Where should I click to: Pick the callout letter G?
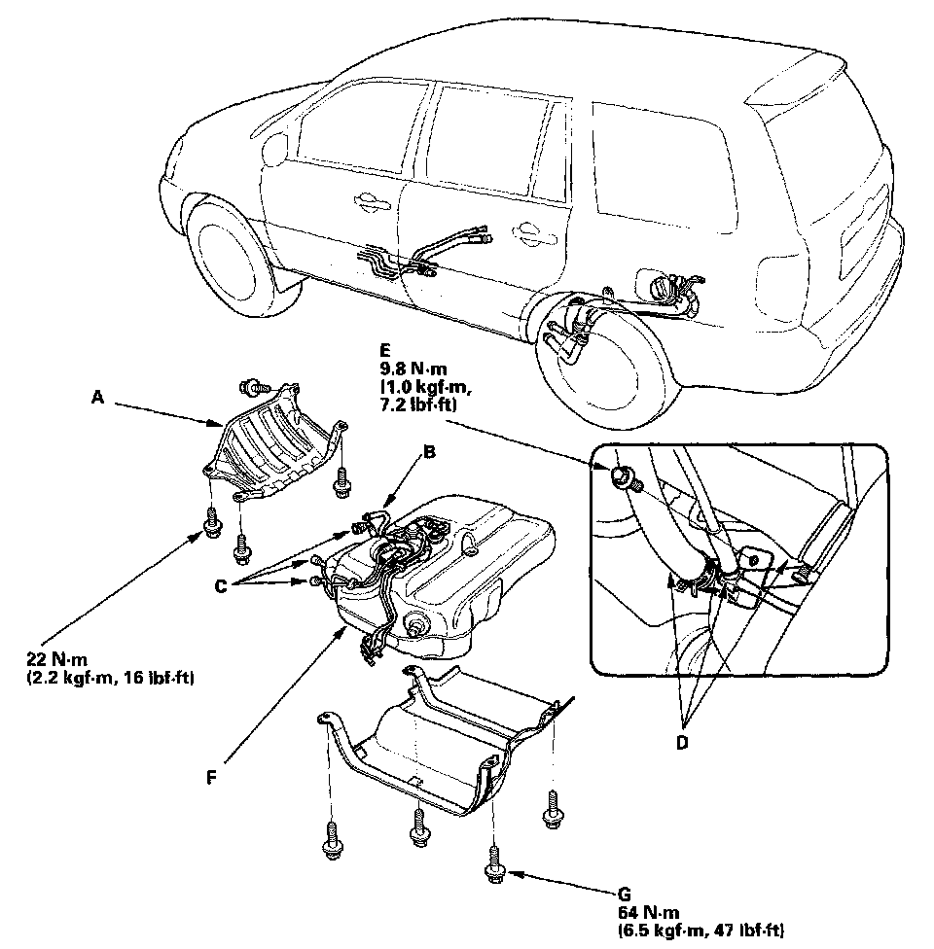coord(624,893)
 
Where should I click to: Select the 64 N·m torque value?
coord(647,911)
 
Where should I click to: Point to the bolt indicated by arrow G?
coord(493,862)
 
